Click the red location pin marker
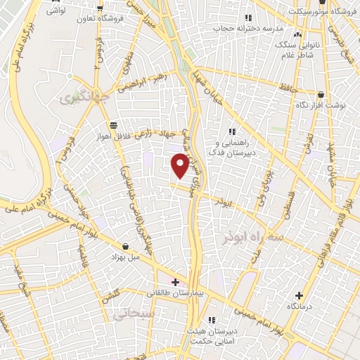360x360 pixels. click(180, 166)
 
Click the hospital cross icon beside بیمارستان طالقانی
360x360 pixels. click(175, 282)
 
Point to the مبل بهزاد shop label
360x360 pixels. click(125, 257)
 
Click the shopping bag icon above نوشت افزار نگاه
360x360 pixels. click(321, 94)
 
